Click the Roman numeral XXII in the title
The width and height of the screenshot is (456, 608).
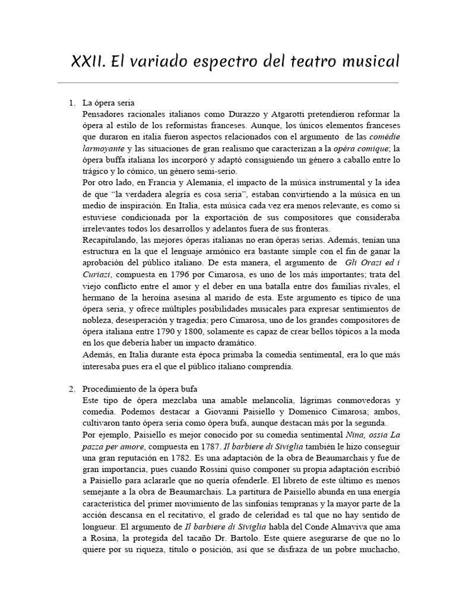point(88,61)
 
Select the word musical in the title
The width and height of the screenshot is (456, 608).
point(369,61)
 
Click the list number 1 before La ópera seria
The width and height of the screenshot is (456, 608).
point(71,103)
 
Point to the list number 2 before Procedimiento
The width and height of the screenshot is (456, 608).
point(71,389)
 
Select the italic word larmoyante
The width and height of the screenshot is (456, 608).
point(104,149)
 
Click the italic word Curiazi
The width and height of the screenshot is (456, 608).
point(96,275)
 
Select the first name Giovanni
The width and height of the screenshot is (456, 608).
point(207,412)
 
